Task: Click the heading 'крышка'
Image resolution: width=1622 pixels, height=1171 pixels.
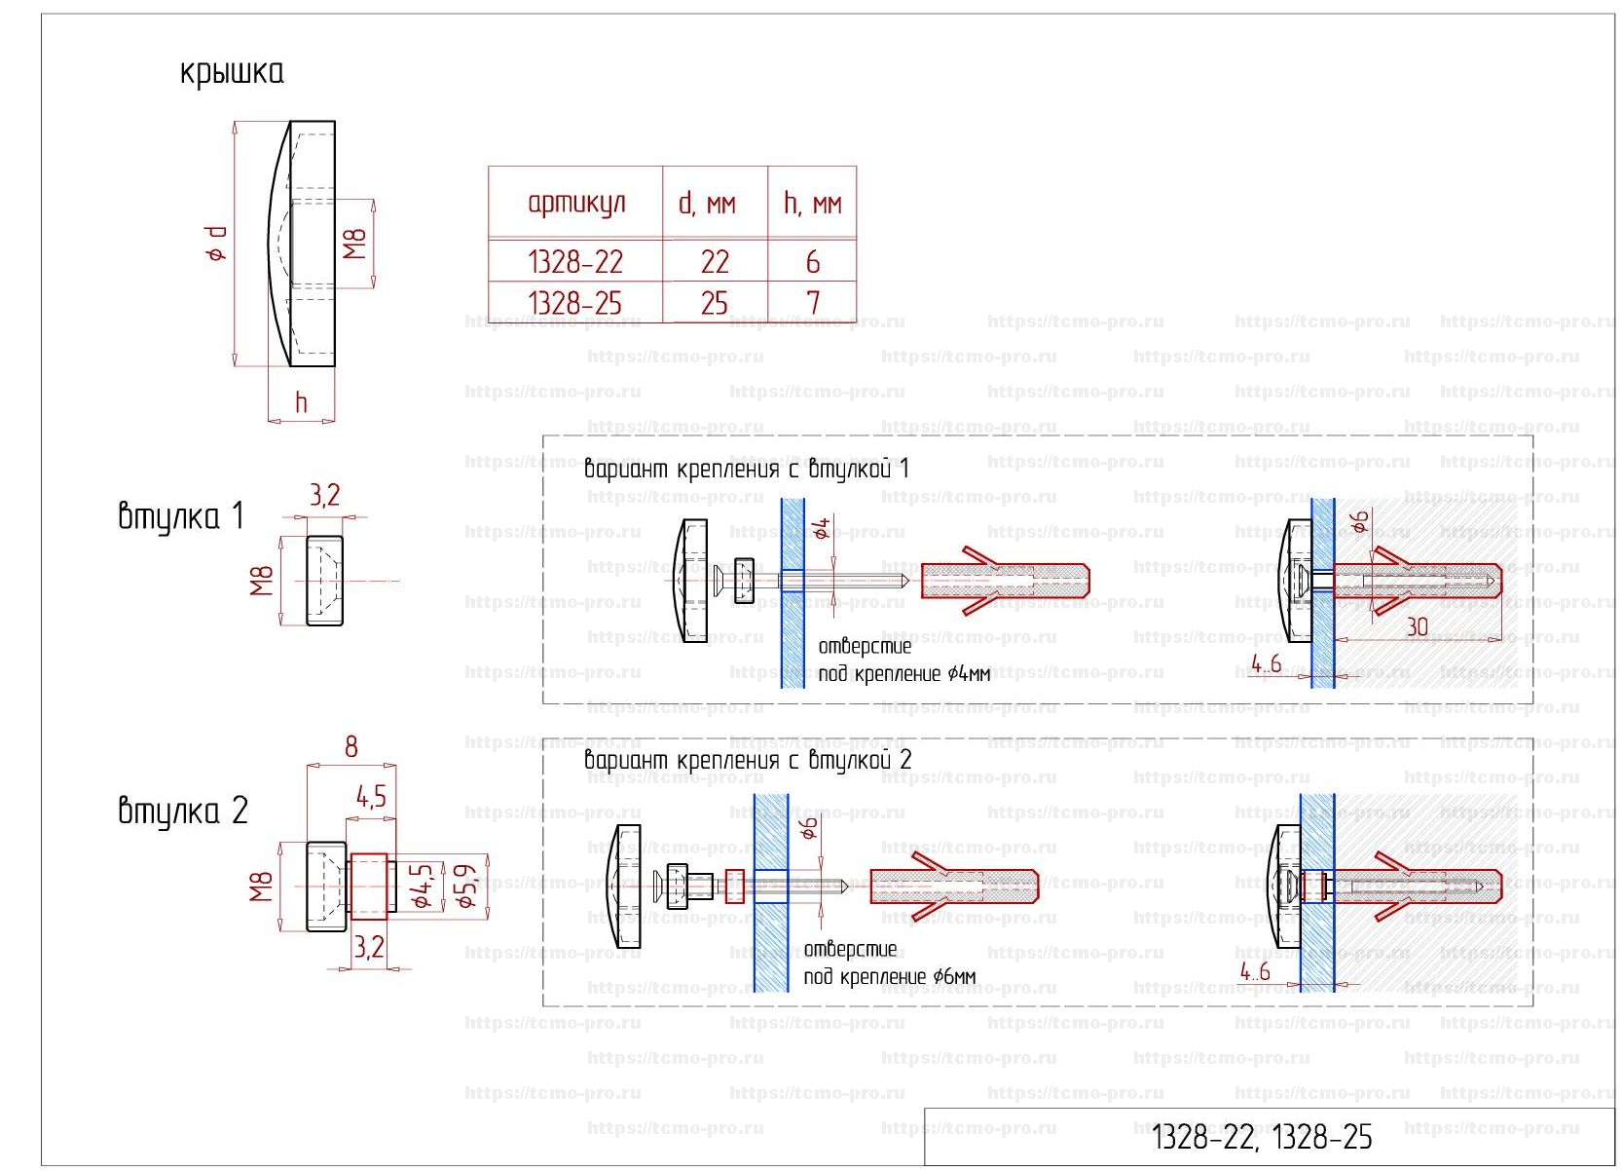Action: click(232, 73)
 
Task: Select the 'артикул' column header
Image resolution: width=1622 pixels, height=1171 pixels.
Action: click(576, 203)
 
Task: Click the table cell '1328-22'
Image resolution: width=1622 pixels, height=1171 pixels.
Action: click(574, 261)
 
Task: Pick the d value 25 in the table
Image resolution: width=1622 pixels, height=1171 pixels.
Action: click(714, 303)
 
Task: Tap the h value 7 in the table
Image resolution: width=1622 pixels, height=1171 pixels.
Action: click(813, 303)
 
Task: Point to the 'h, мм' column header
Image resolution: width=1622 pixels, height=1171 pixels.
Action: click(812, 203)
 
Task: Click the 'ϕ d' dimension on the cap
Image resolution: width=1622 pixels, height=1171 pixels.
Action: click(216, 244)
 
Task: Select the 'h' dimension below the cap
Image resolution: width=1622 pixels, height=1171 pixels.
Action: click(301, 402)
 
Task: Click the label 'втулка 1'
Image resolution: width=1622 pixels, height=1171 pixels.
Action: click(180, 515)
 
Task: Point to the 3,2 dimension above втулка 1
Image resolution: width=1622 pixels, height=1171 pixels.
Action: click(325, 495)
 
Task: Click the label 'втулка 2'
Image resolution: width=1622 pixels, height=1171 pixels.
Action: click(182, 811)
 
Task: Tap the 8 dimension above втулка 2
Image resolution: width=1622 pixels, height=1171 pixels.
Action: click(350, 747)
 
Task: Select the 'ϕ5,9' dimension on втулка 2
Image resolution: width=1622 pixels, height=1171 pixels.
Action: click(467, 886)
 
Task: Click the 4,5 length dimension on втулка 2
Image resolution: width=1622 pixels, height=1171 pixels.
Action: click(371, 797)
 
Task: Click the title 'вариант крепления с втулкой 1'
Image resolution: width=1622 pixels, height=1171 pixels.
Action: click(746, 469)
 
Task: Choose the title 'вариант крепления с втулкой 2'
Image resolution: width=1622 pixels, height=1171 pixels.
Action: click(747, 760)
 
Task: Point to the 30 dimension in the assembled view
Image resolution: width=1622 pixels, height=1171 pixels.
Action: click(1417, 626)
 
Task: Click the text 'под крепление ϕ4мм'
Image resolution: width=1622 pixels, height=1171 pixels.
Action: click(903, 673)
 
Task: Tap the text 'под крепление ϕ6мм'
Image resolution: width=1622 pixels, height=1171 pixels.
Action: click(889, 976)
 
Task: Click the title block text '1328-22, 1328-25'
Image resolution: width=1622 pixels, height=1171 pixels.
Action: click(1262, 1137)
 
